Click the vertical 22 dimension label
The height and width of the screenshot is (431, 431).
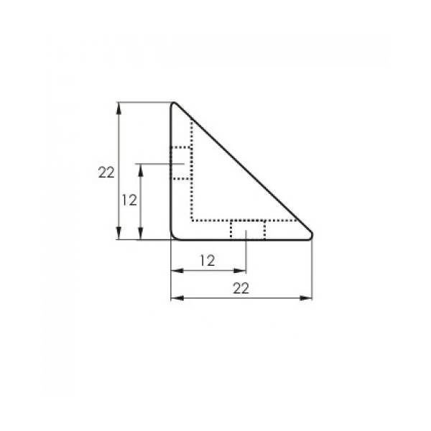106,172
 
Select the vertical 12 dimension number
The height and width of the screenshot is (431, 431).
129,200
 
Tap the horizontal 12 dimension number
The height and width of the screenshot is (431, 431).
208,261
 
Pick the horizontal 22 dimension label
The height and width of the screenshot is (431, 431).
241,288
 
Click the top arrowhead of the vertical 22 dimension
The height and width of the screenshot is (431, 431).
119,108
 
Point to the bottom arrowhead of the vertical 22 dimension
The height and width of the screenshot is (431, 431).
119,233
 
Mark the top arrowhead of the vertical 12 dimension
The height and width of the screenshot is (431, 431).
141,170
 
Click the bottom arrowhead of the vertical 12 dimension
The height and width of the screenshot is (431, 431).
141,233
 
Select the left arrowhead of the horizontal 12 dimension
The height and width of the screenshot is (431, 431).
177,271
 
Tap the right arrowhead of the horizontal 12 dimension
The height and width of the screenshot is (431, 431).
240,271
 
